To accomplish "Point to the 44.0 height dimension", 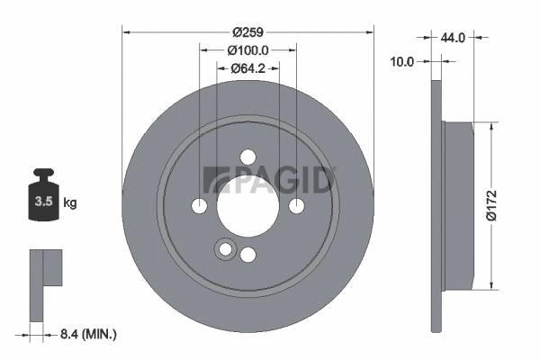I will [x=452, y=39].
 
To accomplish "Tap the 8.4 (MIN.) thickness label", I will [x=86, y=334].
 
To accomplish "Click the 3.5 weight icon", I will [x=43, y=199].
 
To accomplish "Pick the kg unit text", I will [x=70, y=202].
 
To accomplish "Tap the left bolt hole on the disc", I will [x=200, y=206].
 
